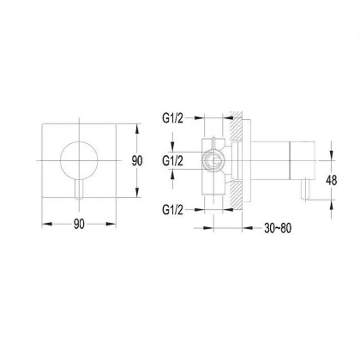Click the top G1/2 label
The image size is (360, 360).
172,118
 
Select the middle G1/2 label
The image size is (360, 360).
172,161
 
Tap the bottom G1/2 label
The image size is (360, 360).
172,210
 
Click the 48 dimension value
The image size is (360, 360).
332,180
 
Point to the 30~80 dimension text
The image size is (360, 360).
278,228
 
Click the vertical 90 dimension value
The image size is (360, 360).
137,161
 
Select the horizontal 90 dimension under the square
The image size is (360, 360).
79,224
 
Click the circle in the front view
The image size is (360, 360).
79,142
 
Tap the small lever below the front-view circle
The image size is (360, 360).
79,189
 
